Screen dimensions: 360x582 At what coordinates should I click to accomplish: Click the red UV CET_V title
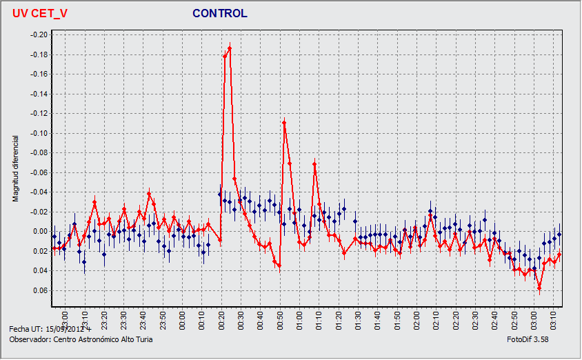click(x=40, y=14)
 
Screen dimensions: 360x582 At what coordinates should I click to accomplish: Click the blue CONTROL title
click(x=219, y=14)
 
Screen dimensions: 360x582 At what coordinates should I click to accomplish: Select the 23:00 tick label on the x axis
click(x=64, y=319)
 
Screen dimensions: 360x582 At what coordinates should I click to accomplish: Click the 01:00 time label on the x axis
click(x=300, y=319)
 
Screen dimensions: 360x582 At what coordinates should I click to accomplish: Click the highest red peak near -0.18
click(x=230, y=48)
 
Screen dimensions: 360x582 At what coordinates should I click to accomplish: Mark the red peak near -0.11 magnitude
click(x=284, y=122)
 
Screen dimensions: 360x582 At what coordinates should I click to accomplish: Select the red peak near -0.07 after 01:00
click(x=314, y=163)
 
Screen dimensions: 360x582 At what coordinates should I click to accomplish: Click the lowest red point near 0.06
click(x=539, y=290)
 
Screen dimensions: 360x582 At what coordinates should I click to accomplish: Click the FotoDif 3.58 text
click(x=528, y=339)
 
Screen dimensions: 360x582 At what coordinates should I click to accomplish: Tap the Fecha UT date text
click(x=50, y=330)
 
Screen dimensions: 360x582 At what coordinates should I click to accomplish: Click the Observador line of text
click(x=81, y=339)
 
